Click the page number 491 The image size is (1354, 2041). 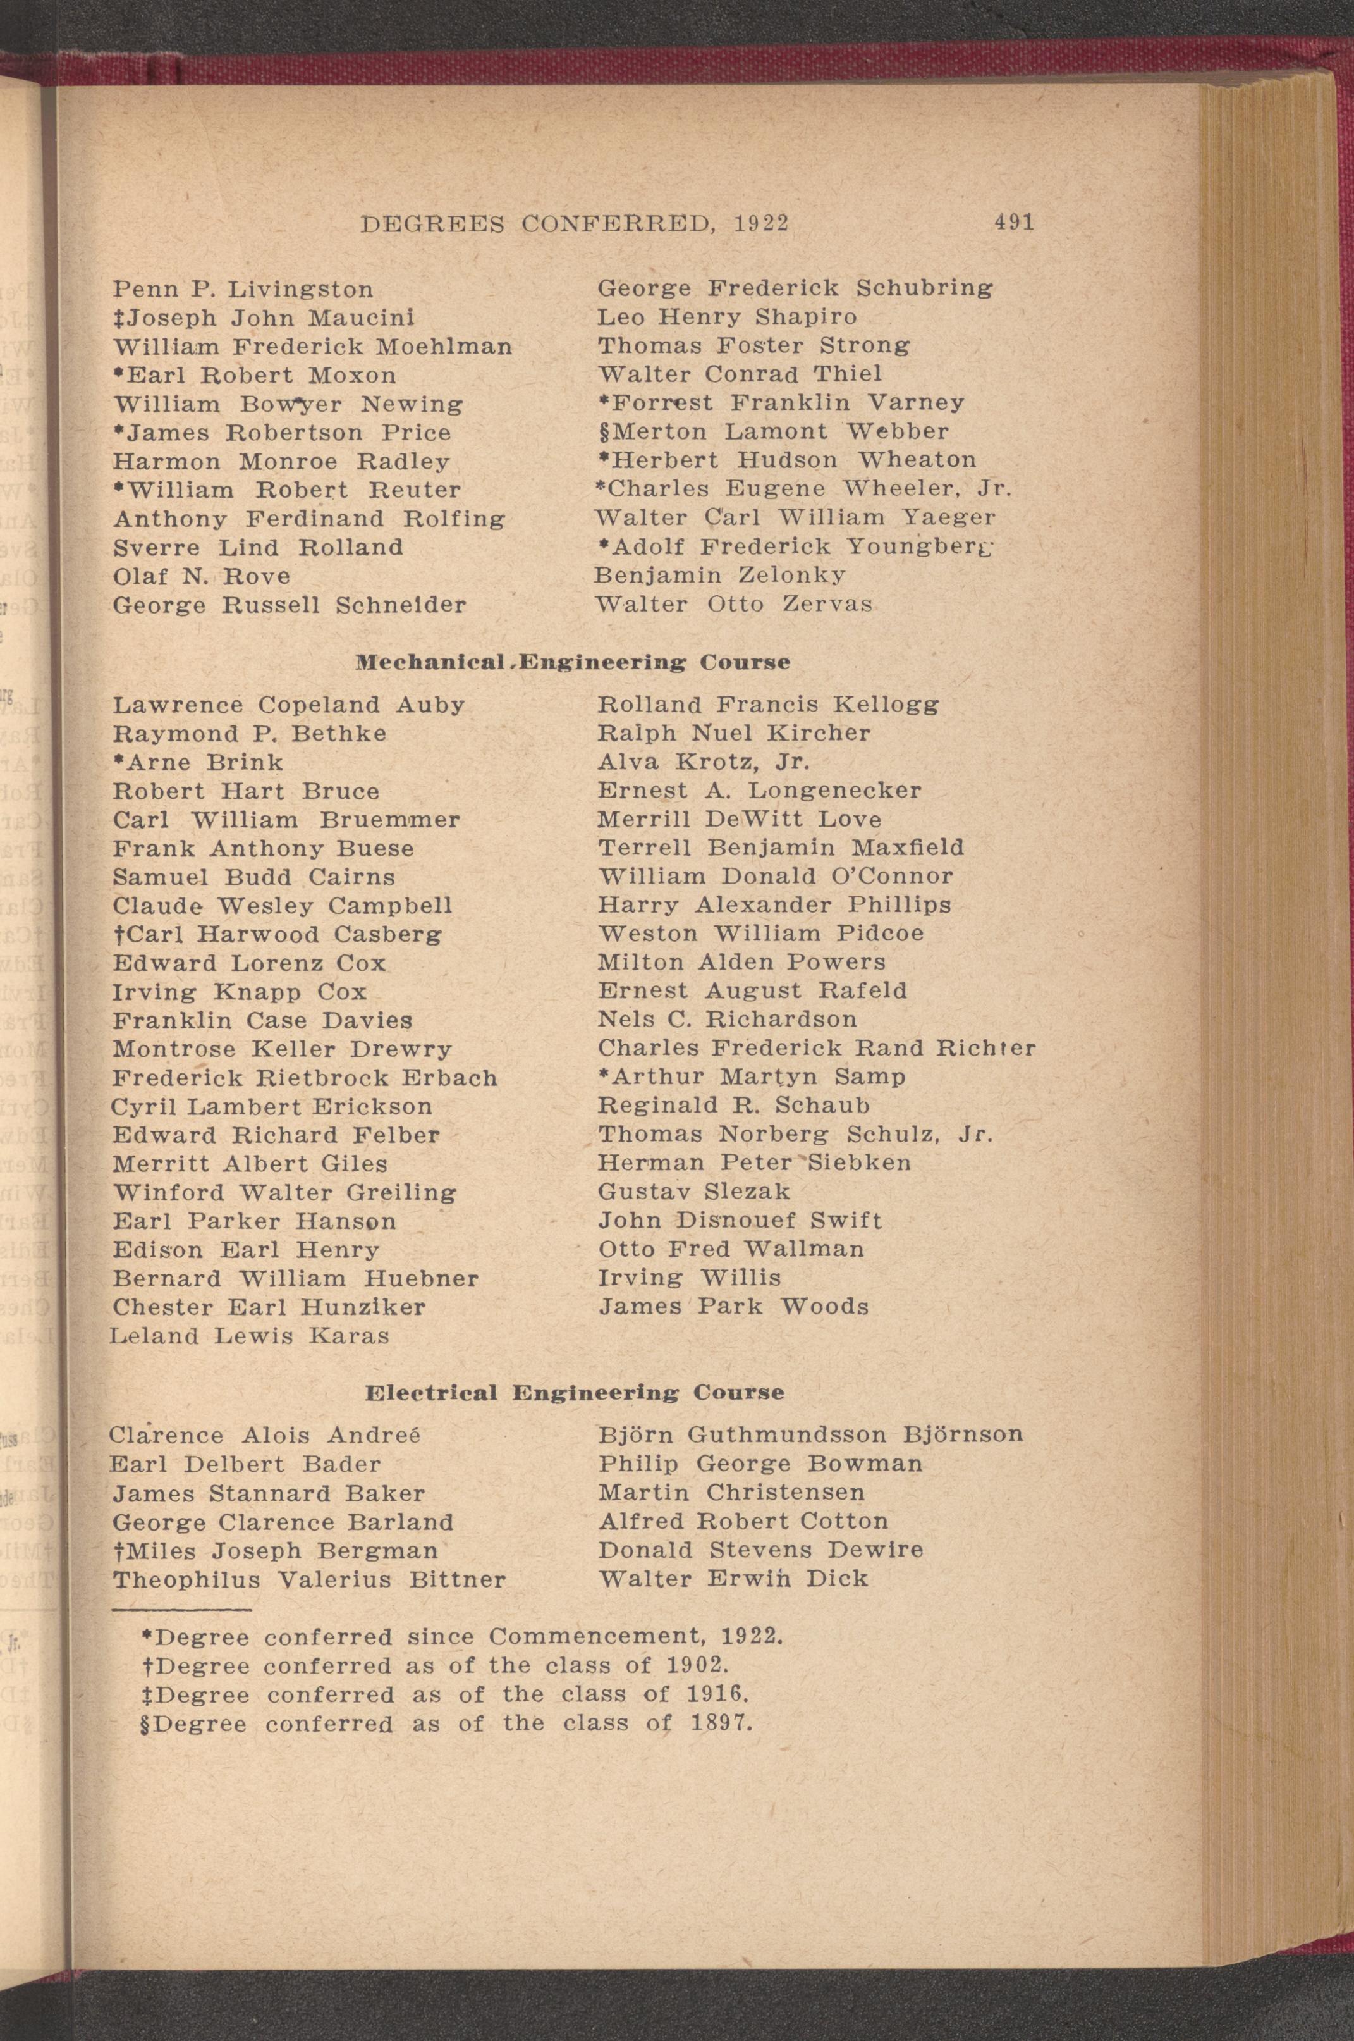tap(1014, 222)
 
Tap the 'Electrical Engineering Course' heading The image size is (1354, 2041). tap(574, 1392)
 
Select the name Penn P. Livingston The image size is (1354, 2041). tap(243, 288)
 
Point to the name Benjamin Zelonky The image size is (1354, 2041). tap(720, 576)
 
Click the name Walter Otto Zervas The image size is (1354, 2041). tap(734, 604)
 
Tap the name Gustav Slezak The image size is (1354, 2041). tap(694, 1192)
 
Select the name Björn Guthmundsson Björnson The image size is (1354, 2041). tap(810, 1434)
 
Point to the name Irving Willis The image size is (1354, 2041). tap(689, 1278)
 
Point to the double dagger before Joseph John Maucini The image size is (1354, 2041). tap(119, 318)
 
